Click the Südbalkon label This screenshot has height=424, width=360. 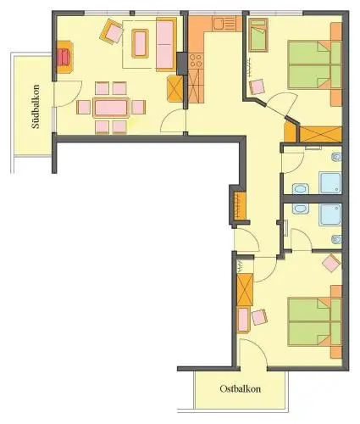click(x=36, y=107)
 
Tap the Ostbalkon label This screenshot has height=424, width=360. click(x=240, y=389)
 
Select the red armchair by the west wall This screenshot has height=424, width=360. click(x=64, y=57)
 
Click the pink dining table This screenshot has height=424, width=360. click(x=111, y=108)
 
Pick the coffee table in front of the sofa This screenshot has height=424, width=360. click(x=140, y=43)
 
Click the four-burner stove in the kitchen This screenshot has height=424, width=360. click(x=196, y=61)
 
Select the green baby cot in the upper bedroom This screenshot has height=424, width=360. click(x=258, y=36)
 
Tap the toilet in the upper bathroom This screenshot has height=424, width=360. click(x=337, y=157)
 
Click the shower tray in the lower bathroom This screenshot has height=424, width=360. click(x=330, y=215)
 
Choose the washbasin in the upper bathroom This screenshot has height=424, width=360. click(x=301, y=189)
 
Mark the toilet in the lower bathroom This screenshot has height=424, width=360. click(x=337, y=239)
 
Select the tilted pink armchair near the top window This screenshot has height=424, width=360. click(x=112, y=31)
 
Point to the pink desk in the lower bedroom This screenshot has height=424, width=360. click(x=243, y=320)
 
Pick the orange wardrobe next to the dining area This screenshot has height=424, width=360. click(x=175, y=88)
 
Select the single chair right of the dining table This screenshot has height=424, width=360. click(x=138, y=108)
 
